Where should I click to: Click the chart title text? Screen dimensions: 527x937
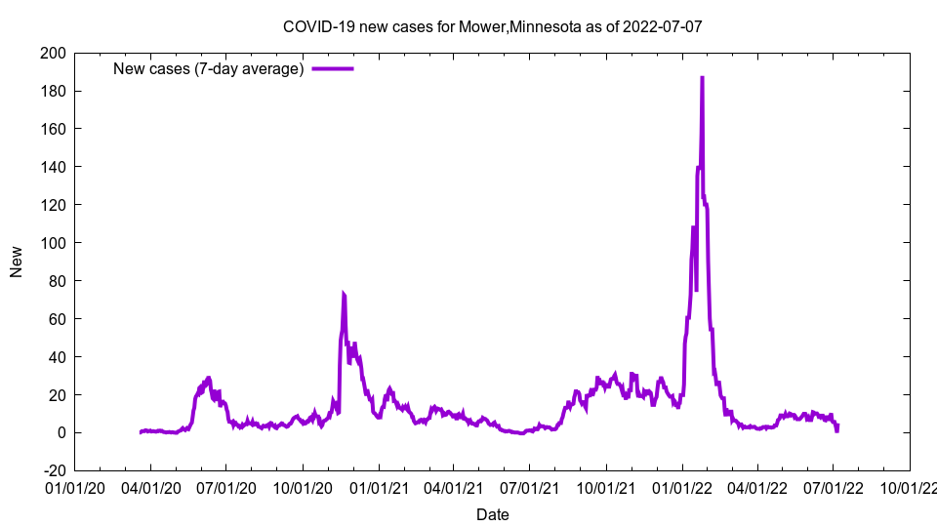coord(492,26)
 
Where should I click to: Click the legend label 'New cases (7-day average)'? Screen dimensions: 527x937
coord(209,68)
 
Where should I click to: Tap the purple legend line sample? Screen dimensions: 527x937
coord(333,68)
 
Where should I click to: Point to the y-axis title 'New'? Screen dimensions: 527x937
coord(17,262)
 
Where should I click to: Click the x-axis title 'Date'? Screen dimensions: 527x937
coord(492,514)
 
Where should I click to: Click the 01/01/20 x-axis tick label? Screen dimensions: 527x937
coord(74,487)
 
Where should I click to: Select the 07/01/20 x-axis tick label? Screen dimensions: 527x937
coord(225,487)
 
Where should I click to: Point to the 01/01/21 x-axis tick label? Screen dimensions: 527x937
coord(378,487)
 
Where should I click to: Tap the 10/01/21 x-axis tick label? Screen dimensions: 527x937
coord(605,487)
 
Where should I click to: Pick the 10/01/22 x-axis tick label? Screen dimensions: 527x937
coord(909,487)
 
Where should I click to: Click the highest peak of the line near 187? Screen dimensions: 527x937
coord(702,77)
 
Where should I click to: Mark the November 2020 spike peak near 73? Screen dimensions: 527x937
coord(343,293)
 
